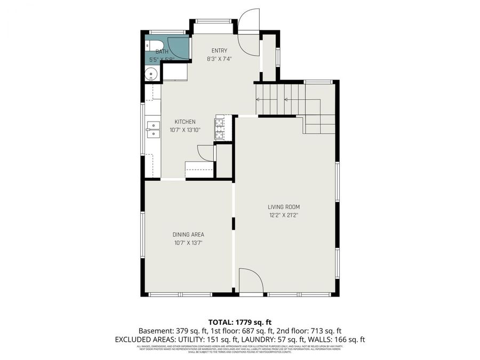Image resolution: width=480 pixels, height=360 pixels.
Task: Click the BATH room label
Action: pyautogui.click(x=162, y=52)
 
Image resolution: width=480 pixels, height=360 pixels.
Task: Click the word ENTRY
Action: pyautogui.click(x=219, y=51)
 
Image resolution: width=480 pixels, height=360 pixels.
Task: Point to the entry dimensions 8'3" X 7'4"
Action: pyautogui.click(x=219, y=59)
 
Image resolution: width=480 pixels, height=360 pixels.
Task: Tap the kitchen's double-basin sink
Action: pyautogui.click(x=153, y=130)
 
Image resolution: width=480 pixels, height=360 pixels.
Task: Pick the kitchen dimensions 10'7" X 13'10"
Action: pyautogui.click(x=185, y=130)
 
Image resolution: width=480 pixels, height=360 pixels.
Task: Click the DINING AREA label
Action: pyautogui.click(x=188, y=234)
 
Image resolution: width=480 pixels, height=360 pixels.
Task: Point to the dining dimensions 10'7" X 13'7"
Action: pyautogui.click(x=188, y=243)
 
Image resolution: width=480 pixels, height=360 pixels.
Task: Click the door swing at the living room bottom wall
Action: pyautogui.click(x=249, y=281)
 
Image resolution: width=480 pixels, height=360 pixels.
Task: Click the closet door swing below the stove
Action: pyautogui.click(x=205, y=153)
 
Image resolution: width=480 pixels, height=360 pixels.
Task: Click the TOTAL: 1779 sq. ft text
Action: pyautogui.click(x=239, y=322)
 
